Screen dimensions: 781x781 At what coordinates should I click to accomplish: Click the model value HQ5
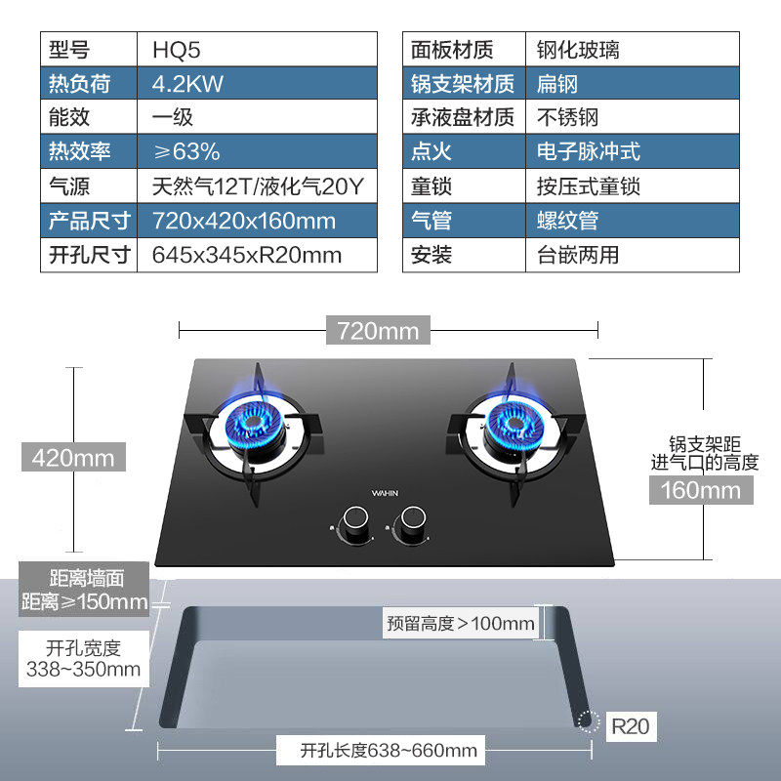(x=177, y=49)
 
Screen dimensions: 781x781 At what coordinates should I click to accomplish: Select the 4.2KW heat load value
(x=187, y=84)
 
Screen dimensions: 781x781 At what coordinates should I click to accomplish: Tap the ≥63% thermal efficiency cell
(x=186, y=151)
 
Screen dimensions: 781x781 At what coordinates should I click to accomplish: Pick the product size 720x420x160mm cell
(x=243, y=221)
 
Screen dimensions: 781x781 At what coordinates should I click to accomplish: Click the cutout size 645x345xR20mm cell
(x=247, y=256)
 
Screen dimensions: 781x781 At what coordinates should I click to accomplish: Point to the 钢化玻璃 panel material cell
(x=578, y=49)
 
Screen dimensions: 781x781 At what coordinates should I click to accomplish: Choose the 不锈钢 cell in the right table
(x=567, y=117)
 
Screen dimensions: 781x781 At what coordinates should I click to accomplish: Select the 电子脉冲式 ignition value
(x=588, y=151)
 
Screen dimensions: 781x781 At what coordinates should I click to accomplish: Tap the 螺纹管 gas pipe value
(x=567, y=221)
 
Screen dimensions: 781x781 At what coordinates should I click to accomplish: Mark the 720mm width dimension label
(x=378, y=331)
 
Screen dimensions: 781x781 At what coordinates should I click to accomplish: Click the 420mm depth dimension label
(x=73, y=457)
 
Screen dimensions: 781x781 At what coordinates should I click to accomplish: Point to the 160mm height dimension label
(x=701, y=489)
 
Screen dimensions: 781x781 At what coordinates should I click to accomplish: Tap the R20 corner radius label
(x=629, y=726)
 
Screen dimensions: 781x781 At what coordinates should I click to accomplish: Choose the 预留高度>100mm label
(x=460, y=623)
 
